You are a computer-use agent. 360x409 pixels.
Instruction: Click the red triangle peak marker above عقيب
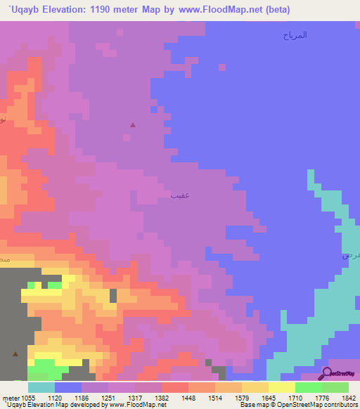[x=133, y=125]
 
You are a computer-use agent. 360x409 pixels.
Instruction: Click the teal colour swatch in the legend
[x=41, y=387]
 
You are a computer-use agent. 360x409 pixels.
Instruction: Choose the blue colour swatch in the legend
[x=68, y=387]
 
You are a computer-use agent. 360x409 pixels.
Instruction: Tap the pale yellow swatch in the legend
[x=281, y=387]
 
